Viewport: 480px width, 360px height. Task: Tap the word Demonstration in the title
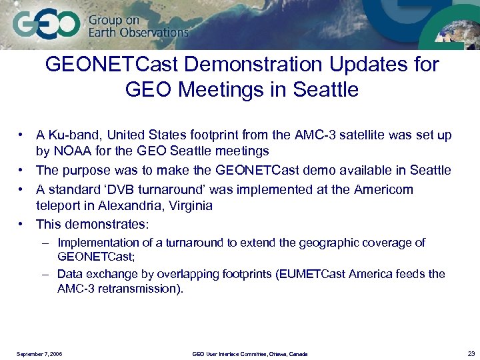(x=254, y=65)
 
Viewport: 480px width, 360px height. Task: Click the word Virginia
(x=187, y=206)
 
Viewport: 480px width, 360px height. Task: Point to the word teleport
(x=59, y=206)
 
